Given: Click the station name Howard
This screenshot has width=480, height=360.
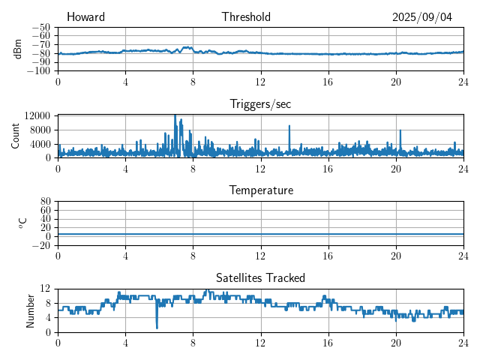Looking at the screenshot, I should pyautogui.click(x=85, y=17).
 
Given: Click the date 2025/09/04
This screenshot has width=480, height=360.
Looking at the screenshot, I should pyautogui.click(x=422, y=17).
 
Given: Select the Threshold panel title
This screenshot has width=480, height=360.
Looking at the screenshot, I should pyautogui.click(x=246, y=17).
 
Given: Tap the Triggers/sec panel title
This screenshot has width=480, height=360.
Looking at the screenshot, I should pyautogui.click(x=260, y=104).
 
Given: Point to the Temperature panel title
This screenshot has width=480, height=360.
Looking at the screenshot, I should pyautogui.click(x=260, y=190).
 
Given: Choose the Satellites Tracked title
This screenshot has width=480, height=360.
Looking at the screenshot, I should pyautogui.click(x=260, y=277).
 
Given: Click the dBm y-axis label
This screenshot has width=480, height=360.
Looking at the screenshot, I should pyautogui.click(x=18, y=49).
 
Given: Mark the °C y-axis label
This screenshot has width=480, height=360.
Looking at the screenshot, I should pyautogui.click(x=22, y=223).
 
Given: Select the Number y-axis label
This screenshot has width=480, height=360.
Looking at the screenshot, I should pyautogui.click(x=31, y=310).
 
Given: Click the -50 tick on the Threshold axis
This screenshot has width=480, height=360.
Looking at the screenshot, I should pyautogui.click(x=40, y=27).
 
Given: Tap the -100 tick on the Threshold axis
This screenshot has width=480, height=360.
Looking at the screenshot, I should pyautogui.click(x=38, y=71).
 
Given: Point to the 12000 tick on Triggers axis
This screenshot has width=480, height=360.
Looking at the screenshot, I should pyautogui.click(x=37, y=115).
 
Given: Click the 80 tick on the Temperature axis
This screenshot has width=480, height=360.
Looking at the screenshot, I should pyautogui.click(x=45, y=202).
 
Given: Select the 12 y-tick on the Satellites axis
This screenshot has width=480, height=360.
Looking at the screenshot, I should pyautogui.click(x=45, y=289).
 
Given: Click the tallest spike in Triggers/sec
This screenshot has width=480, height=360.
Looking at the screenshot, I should pyautogui.click(x=175, y=116).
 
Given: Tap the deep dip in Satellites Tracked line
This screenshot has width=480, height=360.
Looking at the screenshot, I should pyautogui.click(x=157, y=327).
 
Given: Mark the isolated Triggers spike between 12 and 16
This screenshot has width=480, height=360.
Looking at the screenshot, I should pyautogui.click(x=289, y=127).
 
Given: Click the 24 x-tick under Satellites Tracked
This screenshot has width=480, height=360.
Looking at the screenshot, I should pyautogui.click(x=463, y=342).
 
